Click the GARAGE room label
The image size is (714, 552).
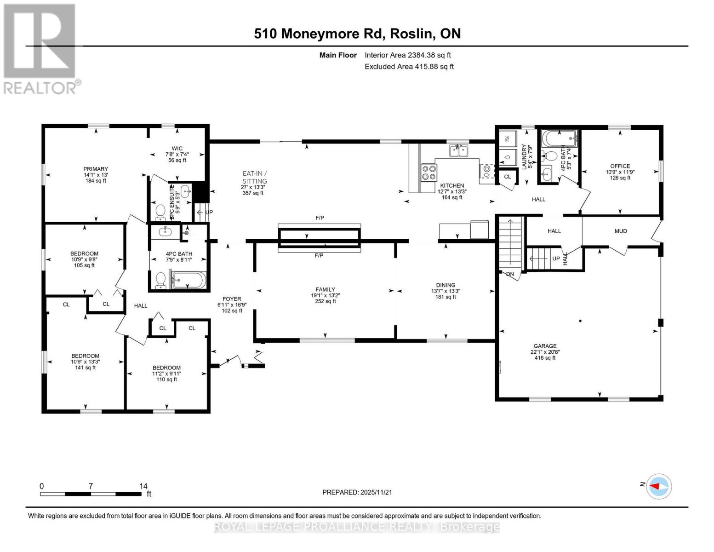pyautogui.click(x=545, y=346)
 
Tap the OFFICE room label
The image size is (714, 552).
pyautogui.click(x=620, y=166)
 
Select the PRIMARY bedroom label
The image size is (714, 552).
pyautogui.click(x=96, y=169)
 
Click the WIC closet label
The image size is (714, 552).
pyautogui.click(x=177, y=148)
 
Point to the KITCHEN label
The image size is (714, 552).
pyautogui.click(x=452, y=185)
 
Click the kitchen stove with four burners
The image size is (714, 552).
pyautogui.click(x=429, y=173)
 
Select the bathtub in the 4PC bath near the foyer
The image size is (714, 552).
pyautogui.click(x=190, y=281)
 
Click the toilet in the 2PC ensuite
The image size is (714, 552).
pyautogui.click(x=160, y=212)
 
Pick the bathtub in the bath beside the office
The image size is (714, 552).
pyautogui.click(x=559, y=137)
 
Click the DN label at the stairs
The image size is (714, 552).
pyautogui.click(x=510, y=274)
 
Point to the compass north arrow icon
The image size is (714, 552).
pyautogui.click(x=659, y=486)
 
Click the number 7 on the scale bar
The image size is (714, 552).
pyautogui.click(x=91, y=486)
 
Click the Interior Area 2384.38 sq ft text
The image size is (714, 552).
pyautogui.click(x=407, y=55)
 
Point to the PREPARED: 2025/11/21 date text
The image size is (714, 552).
pyautogui.click(x=357, y=492)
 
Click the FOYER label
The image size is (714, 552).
pyautogui.click(x=232, y=299)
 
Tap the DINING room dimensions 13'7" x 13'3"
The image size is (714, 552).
pyautogui.click(x=445, y=291)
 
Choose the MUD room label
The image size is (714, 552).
pyautogui.click(x=620, y=231)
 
